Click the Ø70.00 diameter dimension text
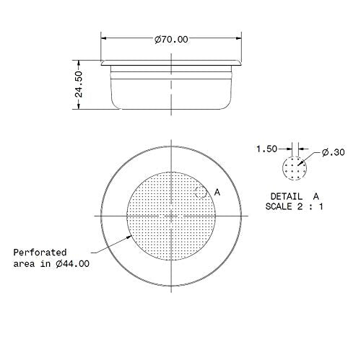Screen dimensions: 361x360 click(171, 40)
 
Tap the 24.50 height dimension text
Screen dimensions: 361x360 click(79, 84)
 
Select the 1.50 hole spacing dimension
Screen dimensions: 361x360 click(266, 149)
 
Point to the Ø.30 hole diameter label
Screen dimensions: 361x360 click(334, 152)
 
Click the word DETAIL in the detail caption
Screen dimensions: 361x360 click(287, 196)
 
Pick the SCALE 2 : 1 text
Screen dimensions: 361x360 click(295, 206)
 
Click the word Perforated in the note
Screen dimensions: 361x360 click(40, 253)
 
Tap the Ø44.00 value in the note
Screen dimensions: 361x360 click(72, 264)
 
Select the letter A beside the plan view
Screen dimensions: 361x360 click(217, 192)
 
